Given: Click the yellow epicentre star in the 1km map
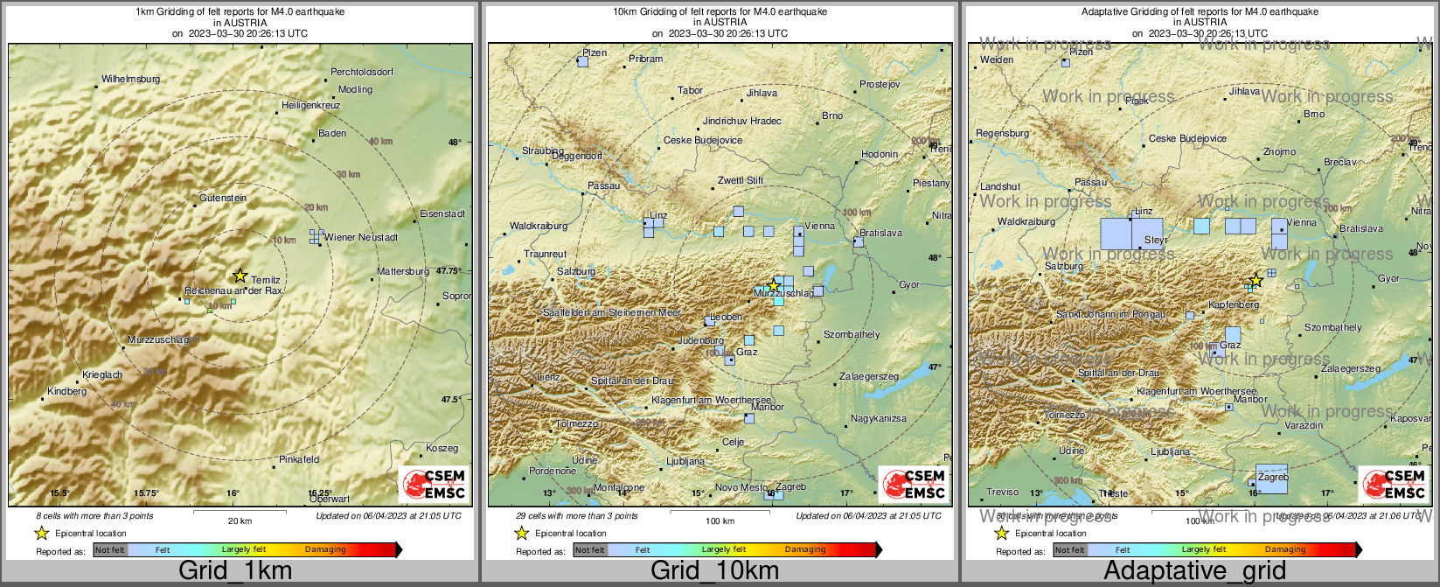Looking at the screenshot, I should (x=240, y=276).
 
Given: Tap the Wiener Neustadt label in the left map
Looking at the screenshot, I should (x=360, y=237).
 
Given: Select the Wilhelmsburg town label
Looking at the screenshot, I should (x=131, y=79).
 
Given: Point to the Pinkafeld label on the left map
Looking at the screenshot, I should (x=299, y=459).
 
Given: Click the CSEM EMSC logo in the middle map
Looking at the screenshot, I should (x=914, y=484).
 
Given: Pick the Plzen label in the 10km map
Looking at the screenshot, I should (x=595, y=53).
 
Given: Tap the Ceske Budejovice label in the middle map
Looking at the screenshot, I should (x=703, y=140).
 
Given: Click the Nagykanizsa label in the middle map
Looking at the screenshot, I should (x=879, y=419).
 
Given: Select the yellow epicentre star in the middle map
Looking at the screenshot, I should (x=773, y=285).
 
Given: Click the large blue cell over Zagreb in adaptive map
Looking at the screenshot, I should (x=1271, y=479).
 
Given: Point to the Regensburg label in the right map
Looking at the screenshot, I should (x=1002, y=133).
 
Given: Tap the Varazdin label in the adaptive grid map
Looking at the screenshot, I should (x=1304, y=425).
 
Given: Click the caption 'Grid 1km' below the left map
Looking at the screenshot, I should (x=235, y=571).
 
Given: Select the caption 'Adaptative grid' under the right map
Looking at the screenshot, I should (x=1194, y=571).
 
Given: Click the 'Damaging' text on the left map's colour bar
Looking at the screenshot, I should (x=325, y=549).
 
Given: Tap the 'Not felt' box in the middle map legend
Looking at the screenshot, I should (x=590, y=550).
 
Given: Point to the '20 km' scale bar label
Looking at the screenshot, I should (x=240, y=521).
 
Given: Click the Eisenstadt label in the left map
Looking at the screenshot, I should (x=442, y=213).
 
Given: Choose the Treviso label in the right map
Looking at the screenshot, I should (x=1003, y=493).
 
